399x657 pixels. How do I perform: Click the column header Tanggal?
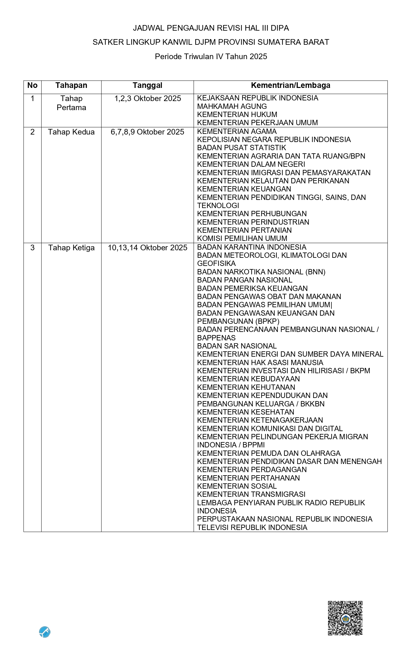click(147, 85)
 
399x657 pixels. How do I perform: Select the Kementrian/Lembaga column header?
click(290, 85)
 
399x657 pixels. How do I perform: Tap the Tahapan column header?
click(71, 85)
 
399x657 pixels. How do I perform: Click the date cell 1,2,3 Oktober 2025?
click(147, 99)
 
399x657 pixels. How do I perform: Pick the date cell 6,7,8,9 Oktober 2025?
click(147, 132)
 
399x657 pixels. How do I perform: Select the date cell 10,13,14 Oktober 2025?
click(147, 248)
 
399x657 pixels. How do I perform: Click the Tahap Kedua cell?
click(71, 132)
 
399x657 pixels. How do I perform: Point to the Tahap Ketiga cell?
click(71, 248)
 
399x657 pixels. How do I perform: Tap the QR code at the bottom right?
click(345, 618)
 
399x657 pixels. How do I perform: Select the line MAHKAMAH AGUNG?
click(232, 106)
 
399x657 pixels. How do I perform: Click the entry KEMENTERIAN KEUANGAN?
click(244, 189)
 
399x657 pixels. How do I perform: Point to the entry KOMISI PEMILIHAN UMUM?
click(242, 238)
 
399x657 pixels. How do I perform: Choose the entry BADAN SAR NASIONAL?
click(237, 346)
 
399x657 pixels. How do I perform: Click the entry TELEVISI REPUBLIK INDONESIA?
click(252, 527)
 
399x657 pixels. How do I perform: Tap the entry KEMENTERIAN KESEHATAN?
click(246, 412)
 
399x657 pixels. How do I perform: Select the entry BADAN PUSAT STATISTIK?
click(242, 148)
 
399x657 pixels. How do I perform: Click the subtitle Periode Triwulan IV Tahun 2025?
click(211, 57)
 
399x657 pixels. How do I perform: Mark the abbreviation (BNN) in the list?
click(313, 272)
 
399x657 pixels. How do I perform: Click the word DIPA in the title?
click(280, 28)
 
